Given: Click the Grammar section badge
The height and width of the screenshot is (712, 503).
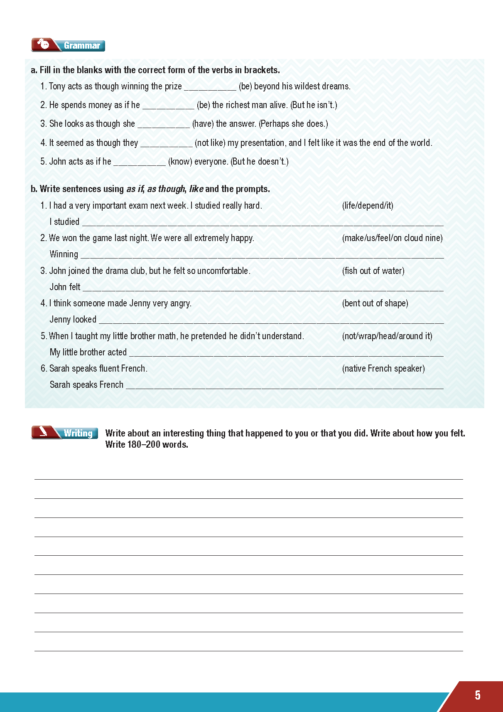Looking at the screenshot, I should point(68,45).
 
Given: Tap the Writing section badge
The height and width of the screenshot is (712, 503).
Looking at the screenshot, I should point(65,433).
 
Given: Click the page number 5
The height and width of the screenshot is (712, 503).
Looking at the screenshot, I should point(477,695).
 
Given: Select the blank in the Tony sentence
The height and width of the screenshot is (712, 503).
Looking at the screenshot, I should point(210,87).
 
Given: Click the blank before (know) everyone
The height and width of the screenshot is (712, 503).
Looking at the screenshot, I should point(140,162).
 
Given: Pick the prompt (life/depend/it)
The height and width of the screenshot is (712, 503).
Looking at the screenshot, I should point(367,205).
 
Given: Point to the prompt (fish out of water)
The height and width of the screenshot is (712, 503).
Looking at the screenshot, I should point(373,271).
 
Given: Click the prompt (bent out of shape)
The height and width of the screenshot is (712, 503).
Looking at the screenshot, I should point(375,303).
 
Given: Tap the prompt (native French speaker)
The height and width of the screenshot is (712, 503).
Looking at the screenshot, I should point(383,369).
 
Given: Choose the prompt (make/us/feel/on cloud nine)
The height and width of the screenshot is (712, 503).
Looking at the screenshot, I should point(392,238).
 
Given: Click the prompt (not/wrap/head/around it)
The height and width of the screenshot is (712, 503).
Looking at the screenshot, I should point(387,336).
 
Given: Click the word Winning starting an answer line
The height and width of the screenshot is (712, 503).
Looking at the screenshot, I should point(64,254).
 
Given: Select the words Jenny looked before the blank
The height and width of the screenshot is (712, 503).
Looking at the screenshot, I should point(73,320).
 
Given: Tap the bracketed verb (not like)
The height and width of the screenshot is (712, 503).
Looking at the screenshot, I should point(210,143).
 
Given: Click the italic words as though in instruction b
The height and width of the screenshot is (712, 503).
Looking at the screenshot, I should point(166,189).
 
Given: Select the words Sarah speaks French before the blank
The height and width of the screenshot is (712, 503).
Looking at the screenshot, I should point(86,385).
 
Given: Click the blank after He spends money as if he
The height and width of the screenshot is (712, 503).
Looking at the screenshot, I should point(168,106).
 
